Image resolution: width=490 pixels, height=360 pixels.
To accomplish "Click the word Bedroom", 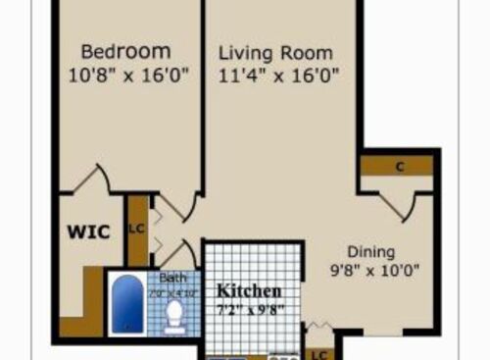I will click(x=125, y=51).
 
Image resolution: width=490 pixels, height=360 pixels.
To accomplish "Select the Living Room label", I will click(x=274, y=53).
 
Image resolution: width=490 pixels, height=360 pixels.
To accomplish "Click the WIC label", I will click(x=86, y=232).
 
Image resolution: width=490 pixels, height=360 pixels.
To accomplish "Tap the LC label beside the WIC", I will click(x=136, y=230).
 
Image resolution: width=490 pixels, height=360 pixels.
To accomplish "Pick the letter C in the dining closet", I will click(x=400, y=166).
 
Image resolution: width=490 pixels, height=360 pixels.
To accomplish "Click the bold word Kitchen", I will click(x=250, y=291).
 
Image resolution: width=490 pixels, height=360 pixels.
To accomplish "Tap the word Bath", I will click(x=172, y=278).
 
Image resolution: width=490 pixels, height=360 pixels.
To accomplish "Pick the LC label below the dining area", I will click(x=318, y=353).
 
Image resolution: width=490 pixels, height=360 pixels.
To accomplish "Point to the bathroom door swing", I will click(x=171, y=250).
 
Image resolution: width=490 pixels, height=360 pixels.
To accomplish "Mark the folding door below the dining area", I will click(x=317, y=327).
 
